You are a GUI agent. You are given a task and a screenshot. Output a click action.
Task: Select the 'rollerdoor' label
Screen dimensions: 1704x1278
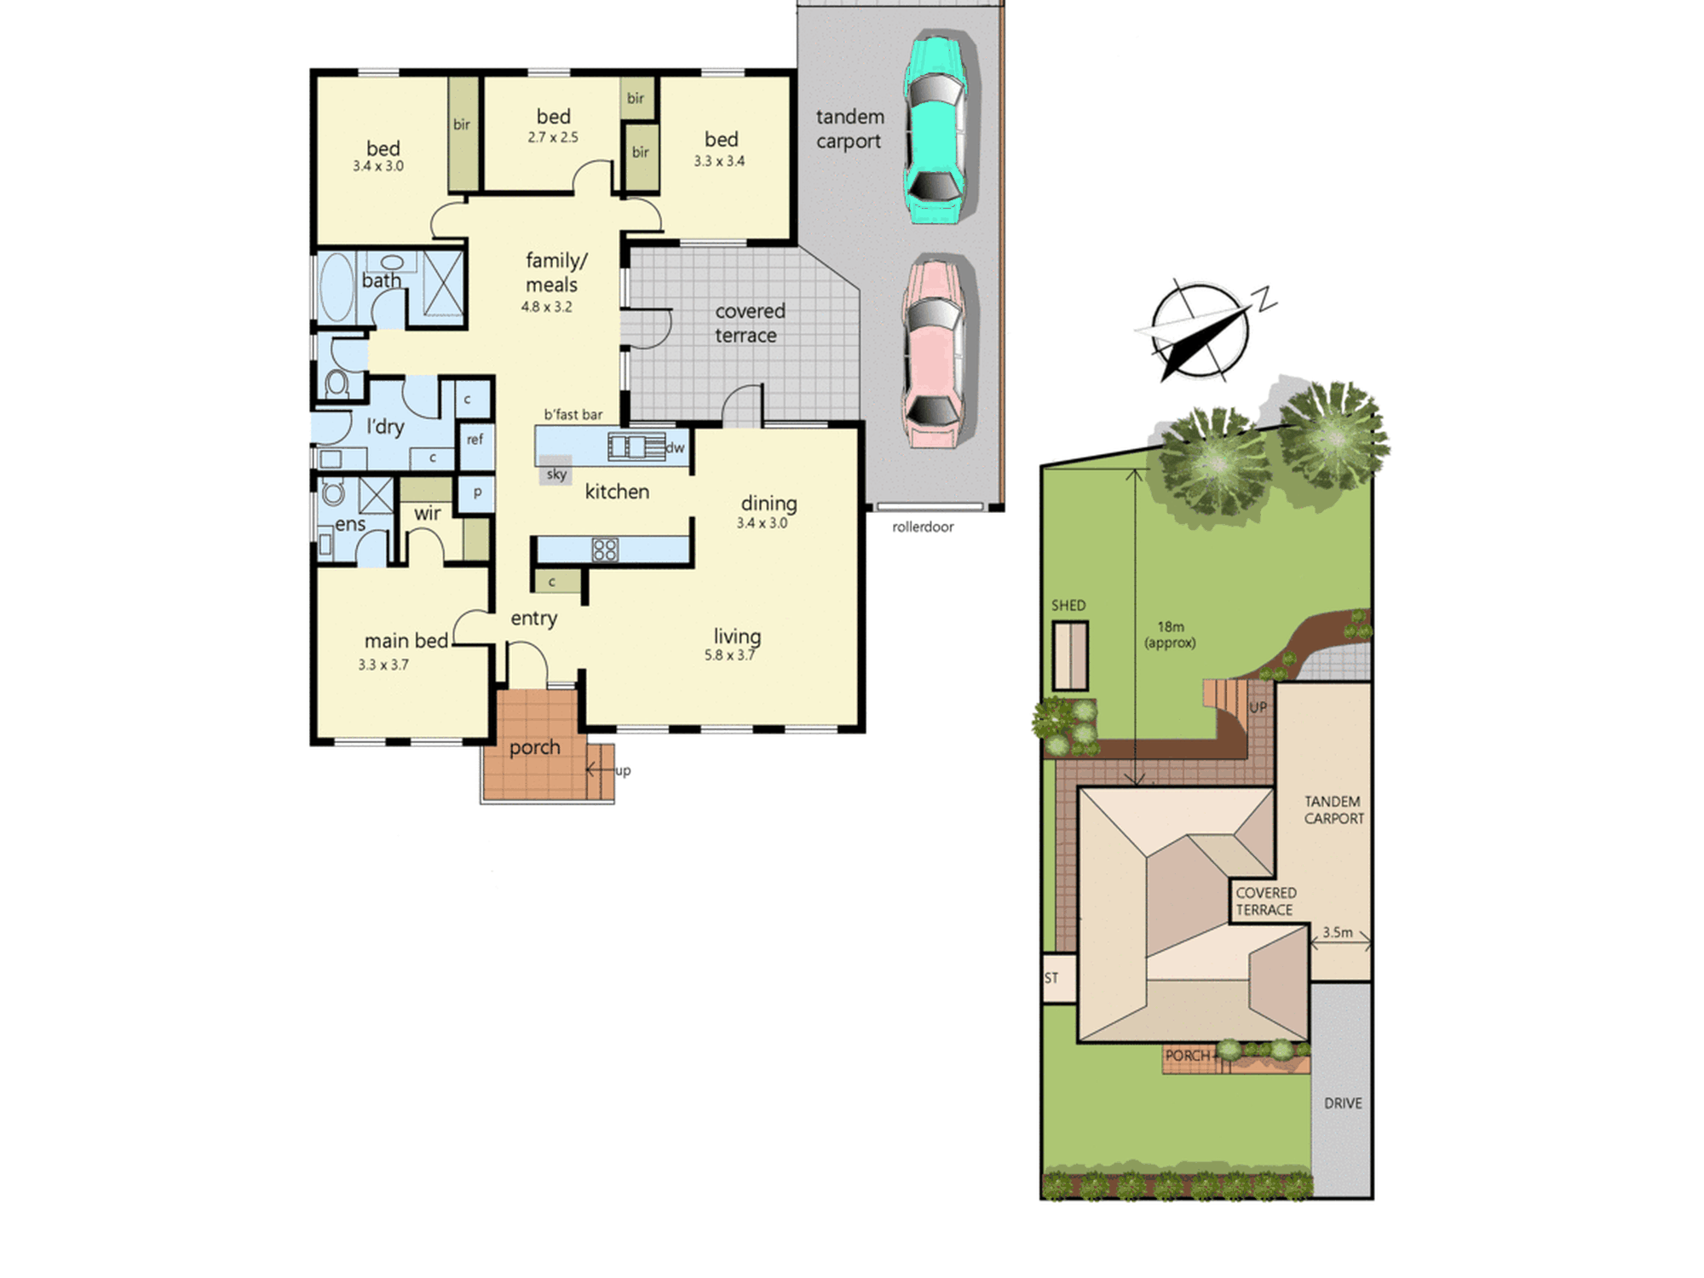tap(923, 527)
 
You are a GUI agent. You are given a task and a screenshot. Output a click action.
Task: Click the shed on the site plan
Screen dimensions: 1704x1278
tap(1070, 655)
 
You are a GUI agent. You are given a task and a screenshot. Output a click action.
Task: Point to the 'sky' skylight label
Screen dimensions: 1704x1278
tap(556, 475)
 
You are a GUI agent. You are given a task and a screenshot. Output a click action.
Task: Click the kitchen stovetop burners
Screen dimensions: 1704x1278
tap(605, 550)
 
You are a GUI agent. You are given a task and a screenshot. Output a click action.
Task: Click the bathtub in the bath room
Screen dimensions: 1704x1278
tap(337, 286)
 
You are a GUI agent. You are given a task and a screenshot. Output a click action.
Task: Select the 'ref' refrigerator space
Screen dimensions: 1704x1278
tap(475, 440)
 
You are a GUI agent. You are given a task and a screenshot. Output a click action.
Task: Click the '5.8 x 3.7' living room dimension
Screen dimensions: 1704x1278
tap(729, 655)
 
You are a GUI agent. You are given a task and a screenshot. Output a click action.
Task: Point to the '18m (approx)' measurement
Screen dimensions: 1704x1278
tap(1170, 635)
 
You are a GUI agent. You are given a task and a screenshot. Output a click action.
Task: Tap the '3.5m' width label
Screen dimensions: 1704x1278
tap(1338, 932)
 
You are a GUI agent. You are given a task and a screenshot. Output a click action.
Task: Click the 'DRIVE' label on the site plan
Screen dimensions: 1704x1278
tap(1343, 1103)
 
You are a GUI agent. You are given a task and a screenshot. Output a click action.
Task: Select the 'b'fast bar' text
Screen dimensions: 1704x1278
tap(573, 415)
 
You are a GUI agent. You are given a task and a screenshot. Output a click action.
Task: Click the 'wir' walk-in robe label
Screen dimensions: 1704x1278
tap(428, 513)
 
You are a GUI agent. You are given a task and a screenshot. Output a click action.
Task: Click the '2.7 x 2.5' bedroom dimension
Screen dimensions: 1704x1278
tap(553, 137)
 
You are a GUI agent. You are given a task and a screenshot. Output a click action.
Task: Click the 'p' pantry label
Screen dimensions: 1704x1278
tap(477, 492)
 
